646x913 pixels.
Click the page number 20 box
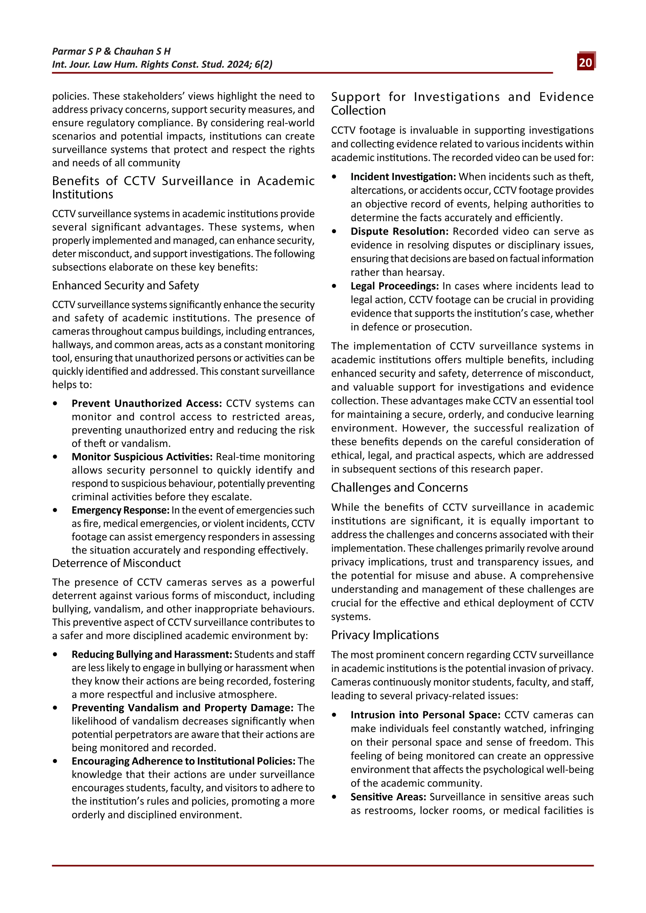pos(585,62)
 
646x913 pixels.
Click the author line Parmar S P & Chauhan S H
pos(111,51)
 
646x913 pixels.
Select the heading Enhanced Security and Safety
pos(125,286)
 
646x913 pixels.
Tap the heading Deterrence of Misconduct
pos(116,563)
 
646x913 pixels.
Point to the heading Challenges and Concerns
pos(399,487)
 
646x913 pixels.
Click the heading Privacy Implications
pos(385,635)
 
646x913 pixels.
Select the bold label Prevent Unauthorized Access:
pos(146,403)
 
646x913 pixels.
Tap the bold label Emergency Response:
pos(120,510)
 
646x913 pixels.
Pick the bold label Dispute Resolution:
pos(399,231)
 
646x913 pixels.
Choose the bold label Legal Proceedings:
pos(395,286)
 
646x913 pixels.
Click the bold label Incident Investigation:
pos(403,177)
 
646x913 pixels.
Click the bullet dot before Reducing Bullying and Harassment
pos(55,654)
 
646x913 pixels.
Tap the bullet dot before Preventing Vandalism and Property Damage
pos(55,708)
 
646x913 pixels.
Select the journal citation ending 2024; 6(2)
pos(162,64)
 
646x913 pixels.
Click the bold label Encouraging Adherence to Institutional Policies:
pos(183,761)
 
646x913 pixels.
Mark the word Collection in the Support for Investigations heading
pos(358,111)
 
